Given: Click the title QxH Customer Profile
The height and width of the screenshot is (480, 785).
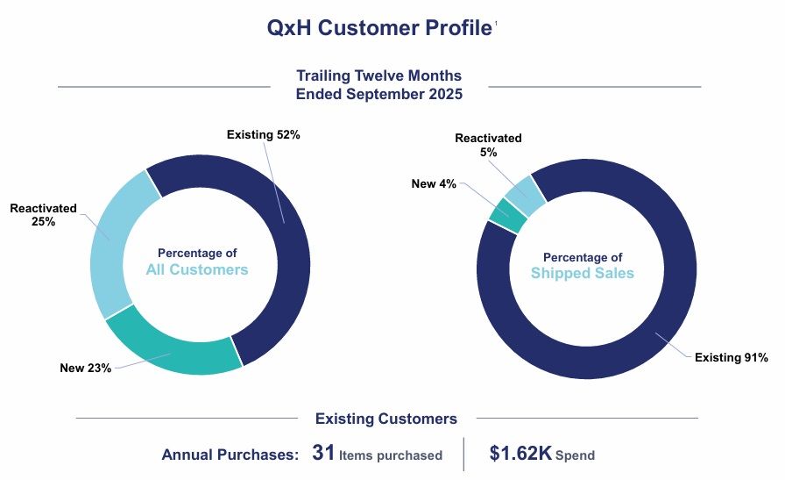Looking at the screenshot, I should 378,28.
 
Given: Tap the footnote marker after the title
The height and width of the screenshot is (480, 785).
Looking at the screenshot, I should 496,23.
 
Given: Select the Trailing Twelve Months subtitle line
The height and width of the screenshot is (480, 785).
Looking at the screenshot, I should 378,76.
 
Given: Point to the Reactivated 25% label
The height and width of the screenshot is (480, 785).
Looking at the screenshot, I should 43,215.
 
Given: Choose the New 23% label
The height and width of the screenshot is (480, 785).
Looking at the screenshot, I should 85,368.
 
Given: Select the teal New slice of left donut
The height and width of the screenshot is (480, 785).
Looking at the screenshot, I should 172,346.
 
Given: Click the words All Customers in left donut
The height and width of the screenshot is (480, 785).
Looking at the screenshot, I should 197,270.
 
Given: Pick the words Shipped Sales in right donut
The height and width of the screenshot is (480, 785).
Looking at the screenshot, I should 583,274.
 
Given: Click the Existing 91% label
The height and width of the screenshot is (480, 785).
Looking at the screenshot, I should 731,357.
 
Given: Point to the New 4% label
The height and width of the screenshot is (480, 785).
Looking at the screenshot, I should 434,183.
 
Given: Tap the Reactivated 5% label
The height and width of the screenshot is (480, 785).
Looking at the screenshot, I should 488,145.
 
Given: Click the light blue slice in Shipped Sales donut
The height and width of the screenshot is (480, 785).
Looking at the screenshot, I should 526,194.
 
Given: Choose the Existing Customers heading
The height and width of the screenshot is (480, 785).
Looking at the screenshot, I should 385,419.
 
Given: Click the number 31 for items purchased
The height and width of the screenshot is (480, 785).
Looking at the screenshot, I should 323,454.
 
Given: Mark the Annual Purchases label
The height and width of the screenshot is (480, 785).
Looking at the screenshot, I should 231,455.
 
